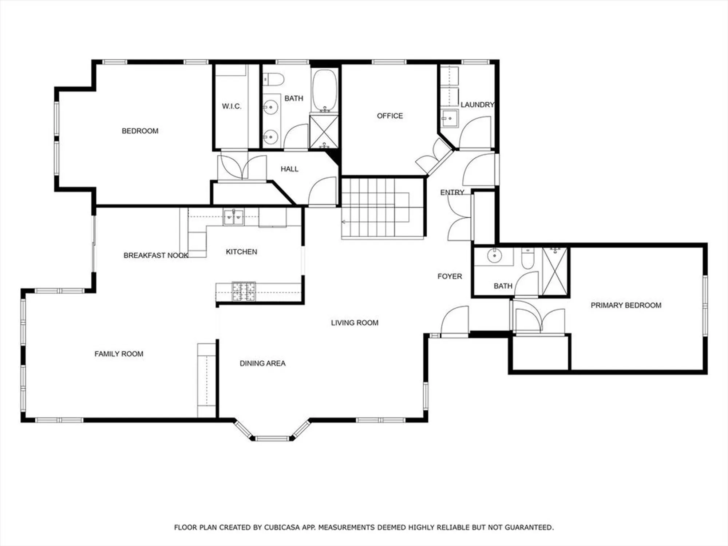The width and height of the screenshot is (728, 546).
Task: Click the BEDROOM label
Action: click(140, 131)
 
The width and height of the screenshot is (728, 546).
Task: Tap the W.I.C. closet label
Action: click(232, 106)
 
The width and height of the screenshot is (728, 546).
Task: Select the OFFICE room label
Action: click(390, 116)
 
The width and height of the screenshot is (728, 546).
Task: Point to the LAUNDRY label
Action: click(477, 105)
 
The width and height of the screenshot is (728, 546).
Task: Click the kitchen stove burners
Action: click(244, 292)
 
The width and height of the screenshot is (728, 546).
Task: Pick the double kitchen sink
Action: click(233, 217)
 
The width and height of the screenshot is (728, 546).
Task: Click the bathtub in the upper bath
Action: click(324, 90)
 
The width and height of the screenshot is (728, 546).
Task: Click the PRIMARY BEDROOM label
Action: click(626, 305)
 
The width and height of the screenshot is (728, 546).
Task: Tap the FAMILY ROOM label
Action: click(119, 354)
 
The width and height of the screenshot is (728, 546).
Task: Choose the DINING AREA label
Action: click(262, 363)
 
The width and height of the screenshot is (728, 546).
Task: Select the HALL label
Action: click(289, 169)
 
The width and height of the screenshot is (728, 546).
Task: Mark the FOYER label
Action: click(450, 276)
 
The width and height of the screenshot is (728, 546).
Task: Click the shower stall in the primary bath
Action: click(555, 271)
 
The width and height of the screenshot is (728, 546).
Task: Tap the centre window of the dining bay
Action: click(272, 438)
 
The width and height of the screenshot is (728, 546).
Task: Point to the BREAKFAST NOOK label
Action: click(156, 256)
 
